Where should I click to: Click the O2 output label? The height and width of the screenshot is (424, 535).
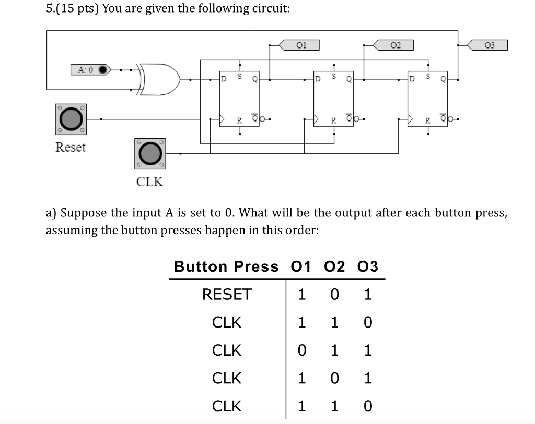(394, 45)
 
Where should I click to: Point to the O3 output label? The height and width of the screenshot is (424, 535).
(488, 45)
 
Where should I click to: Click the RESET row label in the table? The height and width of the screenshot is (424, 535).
(227, 295)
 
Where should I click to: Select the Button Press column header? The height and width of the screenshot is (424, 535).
(226, 266)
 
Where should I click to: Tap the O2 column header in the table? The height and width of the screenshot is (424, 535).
(334, 266)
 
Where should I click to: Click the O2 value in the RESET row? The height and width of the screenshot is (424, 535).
(334, 295)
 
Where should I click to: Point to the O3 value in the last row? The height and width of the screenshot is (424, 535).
(367, 406)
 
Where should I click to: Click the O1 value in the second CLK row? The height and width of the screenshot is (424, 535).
(301, 350)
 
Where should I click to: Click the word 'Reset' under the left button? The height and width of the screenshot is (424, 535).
(70, 147)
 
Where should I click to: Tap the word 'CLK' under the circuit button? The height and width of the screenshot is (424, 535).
(149, 181)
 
